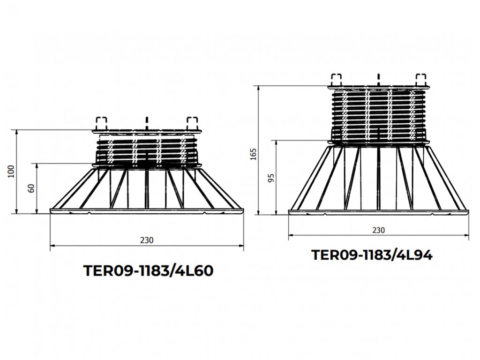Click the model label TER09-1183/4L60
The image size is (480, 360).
point(148,271)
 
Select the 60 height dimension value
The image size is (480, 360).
point(31,188)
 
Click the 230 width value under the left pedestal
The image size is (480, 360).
point(147,240)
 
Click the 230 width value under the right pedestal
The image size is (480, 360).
point(378,230)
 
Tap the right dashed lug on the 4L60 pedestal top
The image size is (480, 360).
point(192,123)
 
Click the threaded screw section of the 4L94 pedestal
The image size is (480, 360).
point(378,115)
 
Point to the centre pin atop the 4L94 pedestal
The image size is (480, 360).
point(378,78)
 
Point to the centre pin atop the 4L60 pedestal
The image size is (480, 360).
point(147,121)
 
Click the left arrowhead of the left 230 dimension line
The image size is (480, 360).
point(52,245)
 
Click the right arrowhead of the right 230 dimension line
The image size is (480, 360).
point(466,235)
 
